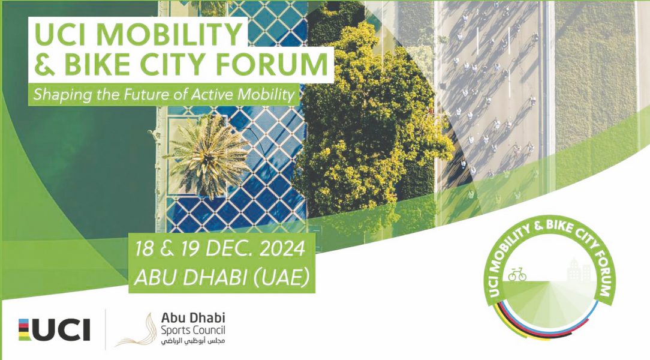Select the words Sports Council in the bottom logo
(193, 331)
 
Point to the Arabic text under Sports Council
(193, 341)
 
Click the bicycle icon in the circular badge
(517, 275)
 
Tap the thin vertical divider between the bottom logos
(105, 329)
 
